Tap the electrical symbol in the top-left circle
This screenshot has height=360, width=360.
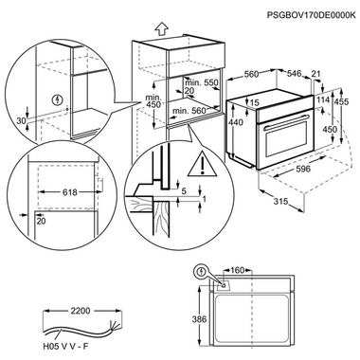60,98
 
